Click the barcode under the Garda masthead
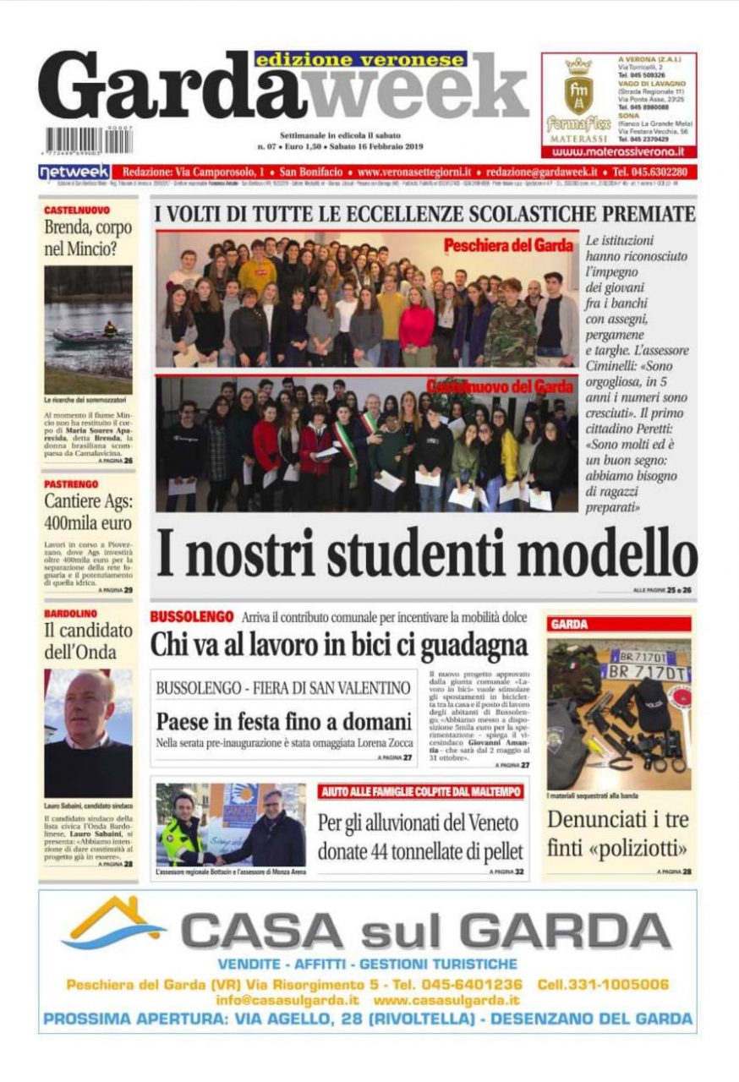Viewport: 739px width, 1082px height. click(85, 140)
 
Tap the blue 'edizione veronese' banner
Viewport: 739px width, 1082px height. click(360, 59)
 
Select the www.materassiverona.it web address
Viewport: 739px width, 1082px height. click(618, 152)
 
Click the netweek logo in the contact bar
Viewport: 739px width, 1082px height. click(74, 172)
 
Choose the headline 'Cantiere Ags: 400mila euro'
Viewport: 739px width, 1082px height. click(88, 512)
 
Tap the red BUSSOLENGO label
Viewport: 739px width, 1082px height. click(191, 617)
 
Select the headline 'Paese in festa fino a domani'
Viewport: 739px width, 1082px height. click(282, 723)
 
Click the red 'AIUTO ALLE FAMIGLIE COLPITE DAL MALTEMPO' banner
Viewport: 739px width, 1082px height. click(421, 791)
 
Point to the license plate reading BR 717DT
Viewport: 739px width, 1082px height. click(644, 673)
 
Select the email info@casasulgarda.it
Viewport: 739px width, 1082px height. click(287, 1000)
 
